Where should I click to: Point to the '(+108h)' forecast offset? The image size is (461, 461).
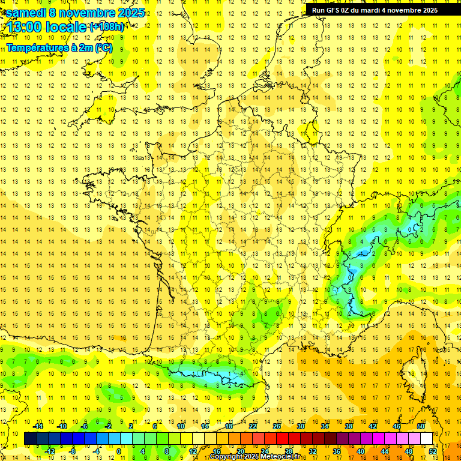coord(107,27)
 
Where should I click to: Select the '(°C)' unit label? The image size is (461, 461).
coord(103,47)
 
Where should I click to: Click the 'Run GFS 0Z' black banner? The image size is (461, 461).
coord(375,10)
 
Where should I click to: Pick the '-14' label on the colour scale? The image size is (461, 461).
coord(38,426)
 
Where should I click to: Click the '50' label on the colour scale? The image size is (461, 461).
coord(421,426)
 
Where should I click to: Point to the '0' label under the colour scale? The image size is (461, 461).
coord(119,451)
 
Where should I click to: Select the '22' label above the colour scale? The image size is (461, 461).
coord(253,426)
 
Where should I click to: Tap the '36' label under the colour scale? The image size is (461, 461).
coord(337,451)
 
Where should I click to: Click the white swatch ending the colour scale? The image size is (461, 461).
coord(427,439)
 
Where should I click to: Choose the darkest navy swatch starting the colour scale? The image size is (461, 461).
coord(30,439)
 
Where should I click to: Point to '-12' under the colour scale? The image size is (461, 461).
coord(50,451)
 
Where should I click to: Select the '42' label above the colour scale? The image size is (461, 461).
coord(373,426)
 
